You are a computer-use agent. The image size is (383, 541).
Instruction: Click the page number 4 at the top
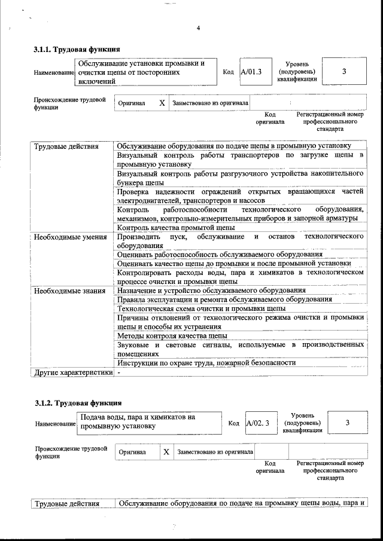198,28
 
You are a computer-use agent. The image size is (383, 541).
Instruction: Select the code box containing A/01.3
251,72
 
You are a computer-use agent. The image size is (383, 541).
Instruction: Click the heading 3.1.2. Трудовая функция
78,403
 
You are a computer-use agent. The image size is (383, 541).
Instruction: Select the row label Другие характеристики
72,372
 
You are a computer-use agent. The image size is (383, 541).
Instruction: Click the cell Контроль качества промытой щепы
175,227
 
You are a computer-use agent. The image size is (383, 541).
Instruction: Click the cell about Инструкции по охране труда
206,363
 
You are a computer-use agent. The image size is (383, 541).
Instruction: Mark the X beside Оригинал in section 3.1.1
162,103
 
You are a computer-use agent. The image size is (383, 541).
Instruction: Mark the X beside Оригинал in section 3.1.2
166,452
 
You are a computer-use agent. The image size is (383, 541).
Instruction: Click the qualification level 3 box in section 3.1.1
344,72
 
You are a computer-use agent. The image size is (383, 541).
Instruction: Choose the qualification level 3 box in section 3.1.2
347,423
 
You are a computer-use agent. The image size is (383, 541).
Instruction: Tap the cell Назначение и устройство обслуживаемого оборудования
211,291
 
